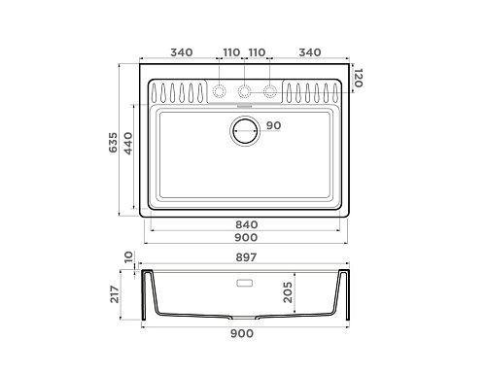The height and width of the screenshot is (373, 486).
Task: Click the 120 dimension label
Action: click(x=358, y=78)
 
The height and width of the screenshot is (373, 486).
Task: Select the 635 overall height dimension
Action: click(x=113, y=143)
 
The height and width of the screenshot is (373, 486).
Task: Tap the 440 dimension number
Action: click(x=128, y=144)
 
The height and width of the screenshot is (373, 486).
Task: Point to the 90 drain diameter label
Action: click(x=274, y=125)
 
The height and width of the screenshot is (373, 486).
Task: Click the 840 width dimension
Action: click(x=247, y=224)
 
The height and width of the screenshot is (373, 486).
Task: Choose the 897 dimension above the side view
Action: click(x=246, y=257)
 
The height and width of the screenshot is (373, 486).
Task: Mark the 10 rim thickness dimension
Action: click(x=128, y=256)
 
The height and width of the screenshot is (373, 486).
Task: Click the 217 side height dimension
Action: click(x=115, y=294)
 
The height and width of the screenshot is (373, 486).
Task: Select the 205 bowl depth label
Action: click(x=288, y=292)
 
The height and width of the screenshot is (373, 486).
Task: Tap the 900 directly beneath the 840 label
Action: click(x=246, y=237)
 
